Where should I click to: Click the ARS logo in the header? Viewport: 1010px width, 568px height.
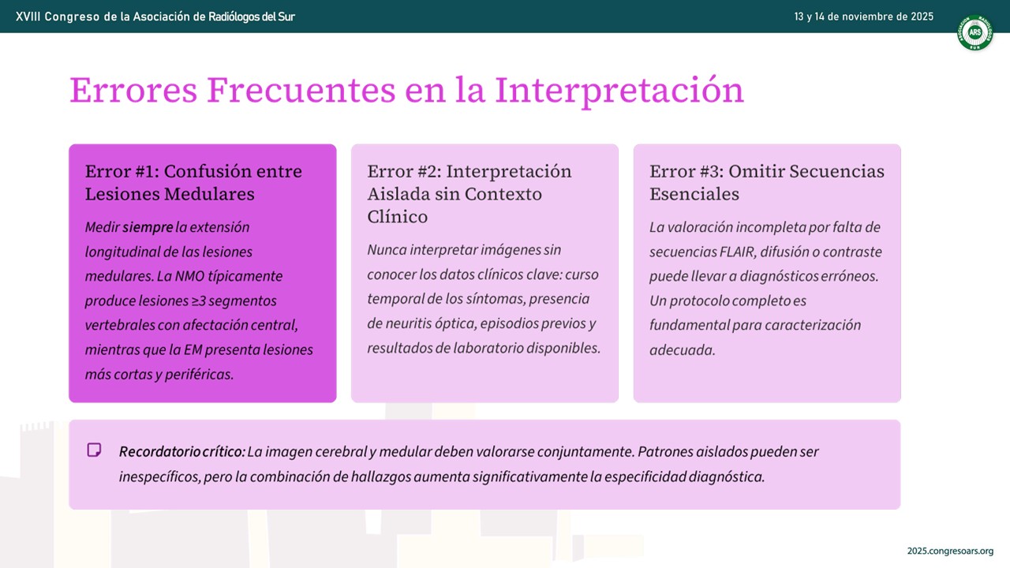tap(974, 32)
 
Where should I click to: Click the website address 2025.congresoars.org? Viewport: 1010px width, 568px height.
tap(950, 551)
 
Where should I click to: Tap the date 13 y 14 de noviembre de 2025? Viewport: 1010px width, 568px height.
tap(863, 17)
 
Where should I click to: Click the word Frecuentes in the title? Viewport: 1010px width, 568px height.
tap(301, 90)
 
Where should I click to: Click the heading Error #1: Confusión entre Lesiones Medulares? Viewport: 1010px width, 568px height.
tap(193, 182)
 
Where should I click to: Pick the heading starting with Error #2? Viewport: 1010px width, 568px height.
tap(469, 194)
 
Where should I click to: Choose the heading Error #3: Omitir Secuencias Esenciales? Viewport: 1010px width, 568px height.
tap(766, 182)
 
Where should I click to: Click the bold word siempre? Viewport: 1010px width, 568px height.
tap(148, 227)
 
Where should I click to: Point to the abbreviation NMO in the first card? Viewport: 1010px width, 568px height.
tap(190, 276)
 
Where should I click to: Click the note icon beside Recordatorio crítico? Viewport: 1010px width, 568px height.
tap(94, 450)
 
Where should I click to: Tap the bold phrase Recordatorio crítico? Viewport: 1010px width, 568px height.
tap(181, 452)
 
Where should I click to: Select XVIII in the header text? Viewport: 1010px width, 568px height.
tap(28, 17)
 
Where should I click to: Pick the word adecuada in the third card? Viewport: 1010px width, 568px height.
tap(682, 349)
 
